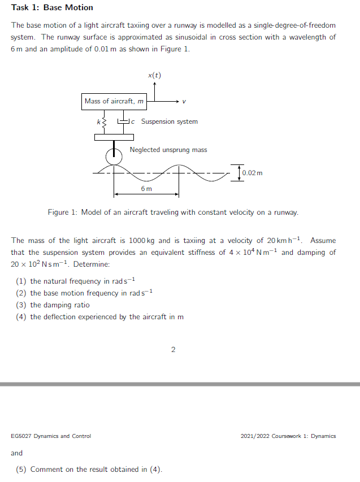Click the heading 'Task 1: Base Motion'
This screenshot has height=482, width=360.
point(52,8)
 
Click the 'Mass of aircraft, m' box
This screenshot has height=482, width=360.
point(114,102)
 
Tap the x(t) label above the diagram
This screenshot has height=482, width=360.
point(154,75)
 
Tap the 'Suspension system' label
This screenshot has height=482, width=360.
point(169,121)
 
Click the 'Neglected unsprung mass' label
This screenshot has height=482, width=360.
point(168,150)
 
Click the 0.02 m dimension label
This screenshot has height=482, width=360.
point(253,172)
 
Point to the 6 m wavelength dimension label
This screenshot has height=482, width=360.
point(146,188)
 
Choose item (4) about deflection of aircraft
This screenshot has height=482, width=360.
point(100,316)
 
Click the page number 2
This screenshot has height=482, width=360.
point(173,350)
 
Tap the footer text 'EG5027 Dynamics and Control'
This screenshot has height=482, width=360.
point(51,436)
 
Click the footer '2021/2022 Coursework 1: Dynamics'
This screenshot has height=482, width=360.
point(288,436)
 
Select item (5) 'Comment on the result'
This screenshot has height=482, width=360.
point(89,469)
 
